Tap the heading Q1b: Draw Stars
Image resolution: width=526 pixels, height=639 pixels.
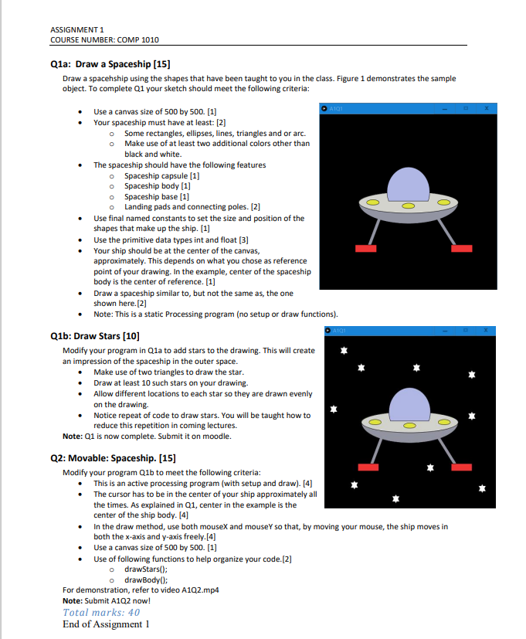coord(94,336)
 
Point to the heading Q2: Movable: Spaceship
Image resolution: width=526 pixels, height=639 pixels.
coord(113,458)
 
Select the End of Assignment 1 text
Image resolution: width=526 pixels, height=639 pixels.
coord(105,624)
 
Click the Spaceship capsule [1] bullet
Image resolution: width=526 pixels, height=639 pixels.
coord(157,175)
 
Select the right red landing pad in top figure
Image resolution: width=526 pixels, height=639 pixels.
coord(461,248)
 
